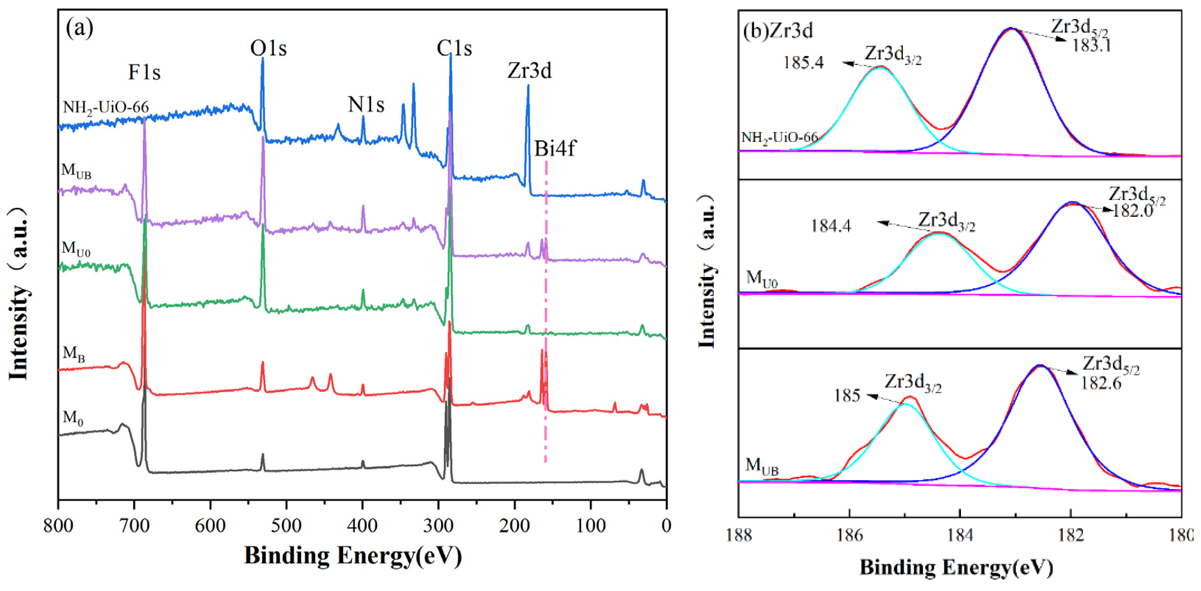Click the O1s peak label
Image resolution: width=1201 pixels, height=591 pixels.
268,48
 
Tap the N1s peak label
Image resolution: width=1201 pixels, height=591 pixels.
366,105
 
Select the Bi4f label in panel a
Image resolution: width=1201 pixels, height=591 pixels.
555,149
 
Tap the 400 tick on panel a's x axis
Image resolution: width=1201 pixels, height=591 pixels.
362,526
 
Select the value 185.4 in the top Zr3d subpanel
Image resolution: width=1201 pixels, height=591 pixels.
803,63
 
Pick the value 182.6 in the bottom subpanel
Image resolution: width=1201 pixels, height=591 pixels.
1101,384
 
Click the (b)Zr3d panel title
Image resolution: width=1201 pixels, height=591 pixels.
778,31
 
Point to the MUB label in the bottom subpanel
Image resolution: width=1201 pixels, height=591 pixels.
762,466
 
